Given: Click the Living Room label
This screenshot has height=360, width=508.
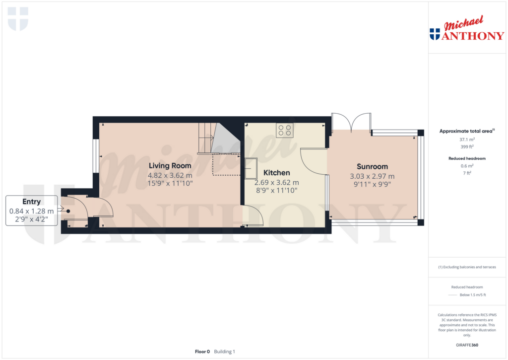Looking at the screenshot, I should pos(170,166).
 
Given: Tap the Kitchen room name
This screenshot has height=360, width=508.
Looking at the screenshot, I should pos(276,173).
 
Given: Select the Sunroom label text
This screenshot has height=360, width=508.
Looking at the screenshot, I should pos(372,167).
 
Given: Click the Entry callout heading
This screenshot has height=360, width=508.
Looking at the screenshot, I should pos(31,202).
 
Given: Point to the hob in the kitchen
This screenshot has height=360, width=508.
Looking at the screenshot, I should pos(285,130).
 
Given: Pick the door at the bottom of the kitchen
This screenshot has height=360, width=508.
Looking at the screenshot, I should pos(255,217).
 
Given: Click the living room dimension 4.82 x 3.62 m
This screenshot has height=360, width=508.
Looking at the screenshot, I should pos(170,175).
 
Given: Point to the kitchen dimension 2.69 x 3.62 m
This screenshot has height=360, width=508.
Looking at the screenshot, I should pos(276,182).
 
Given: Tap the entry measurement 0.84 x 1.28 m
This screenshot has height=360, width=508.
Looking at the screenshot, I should pos(31,211).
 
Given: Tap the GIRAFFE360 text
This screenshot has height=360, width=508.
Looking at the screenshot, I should pos(467,345).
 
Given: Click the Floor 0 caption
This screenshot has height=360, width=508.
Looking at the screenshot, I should pos(202,352).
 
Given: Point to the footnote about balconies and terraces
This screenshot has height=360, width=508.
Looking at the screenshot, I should pos(467,267).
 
